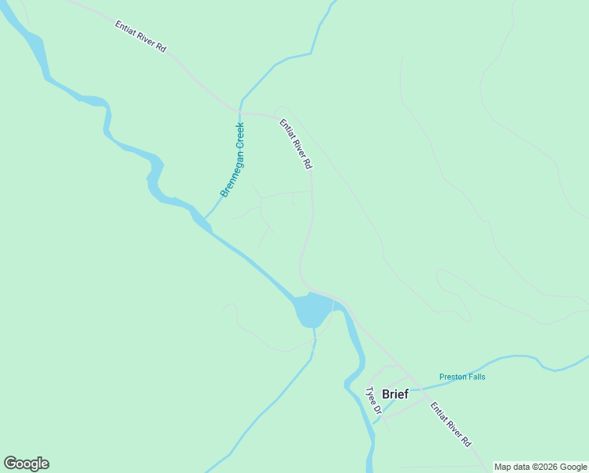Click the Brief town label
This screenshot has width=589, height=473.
(395, 394)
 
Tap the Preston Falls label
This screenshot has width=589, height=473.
(462, 377)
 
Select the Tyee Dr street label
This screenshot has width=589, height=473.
(373, 400)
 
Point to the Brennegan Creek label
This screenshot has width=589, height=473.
(232, 159)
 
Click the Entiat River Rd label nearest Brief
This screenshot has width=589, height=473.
(450, 424)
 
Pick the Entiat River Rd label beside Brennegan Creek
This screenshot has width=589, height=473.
(296, 143)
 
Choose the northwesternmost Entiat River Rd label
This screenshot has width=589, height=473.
(141, 36)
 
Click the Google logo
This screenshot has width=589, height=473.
(26, 464)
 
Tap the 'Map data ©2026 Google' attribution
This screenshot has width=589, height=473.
(540, 467)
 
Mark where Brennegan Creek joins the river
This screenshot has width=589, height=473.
(205, 218)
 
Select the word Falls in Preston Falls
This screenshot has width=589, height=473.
(476, 377)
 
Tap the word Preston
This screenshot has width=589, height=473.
(452, 377)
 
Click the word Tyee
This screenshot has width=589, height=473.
(370, 394)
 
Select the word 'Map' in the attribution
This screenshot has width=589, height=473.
(502, 467)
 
